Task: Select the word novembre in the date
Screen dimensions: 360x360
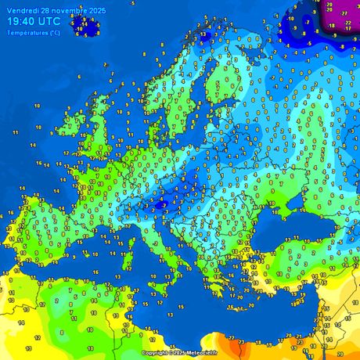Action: click(x=68, y=10)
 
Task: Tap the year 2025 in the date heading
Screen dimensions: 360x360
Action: click(x=97, y=10)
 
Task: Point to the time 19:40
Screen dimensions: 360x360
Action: click(x=21, y=22)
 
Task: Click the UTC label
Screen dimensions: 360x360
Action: click(x=50, y=22)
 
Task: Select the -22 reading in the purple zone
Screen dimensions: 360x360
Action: click(x=347, y=23)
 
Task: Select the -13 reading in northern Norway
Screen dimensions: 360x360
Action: click(x=202, y=35)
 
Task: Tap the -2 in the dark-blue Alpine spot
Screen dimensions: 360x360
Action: click(x=160, y=205)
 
